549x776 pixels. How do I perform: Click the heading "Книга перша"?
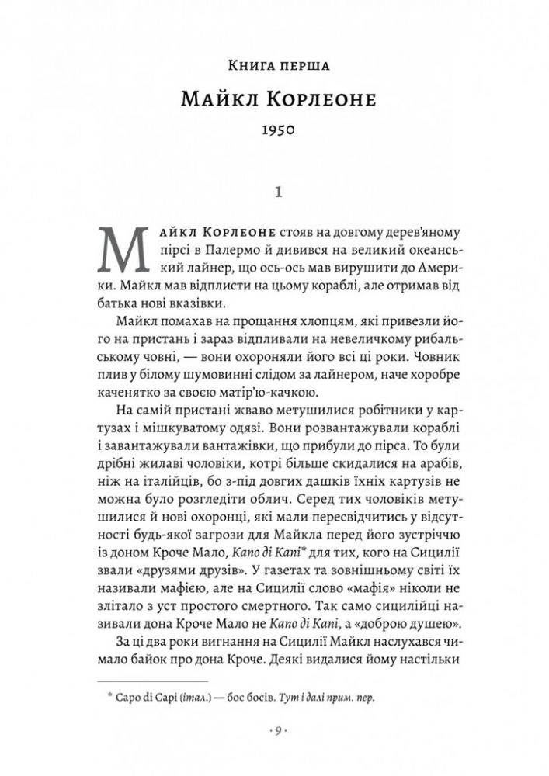[x=274, y=65]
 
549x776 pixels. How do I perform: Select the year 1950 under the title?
[x=274, y=131]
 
